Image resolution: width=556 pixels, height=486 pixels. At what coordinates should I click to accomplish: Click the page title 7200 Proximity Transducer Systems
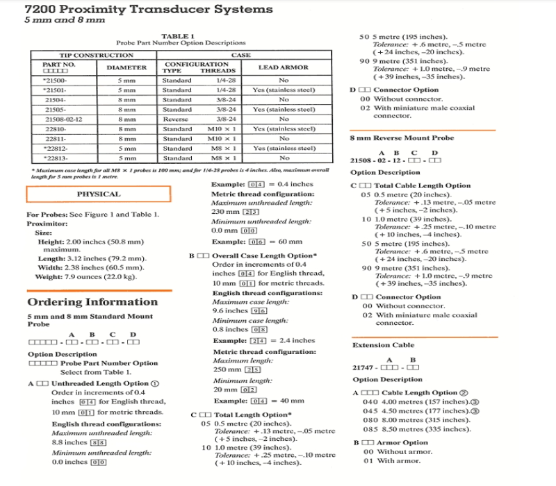point(149,9)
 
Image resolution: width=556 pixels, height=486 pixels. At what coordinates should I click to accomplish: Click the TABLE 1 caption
point(177,35)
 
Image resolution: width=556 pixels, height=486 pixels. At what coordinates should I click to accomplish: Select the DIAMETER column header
point(126,67)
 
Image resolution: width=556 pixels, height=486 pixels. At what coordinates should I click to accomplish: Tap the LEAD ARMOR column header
point(283,67)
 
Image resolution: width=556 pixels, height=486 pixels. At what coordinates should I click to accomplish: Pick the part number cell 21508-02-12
point(58,119)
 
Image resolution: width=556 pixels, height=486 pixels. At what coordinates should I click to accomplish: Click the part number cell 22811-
point(55,138)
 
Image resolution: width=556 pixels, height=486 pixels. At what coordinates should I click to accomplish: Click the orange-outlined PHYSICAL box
point(98,194)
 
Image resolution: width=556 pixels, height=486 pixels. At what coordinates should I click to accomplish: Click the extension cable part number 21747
point(364,367)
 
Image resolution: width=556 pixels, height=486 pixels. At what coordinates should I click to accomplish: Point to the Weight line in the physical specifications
point(85,277)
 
